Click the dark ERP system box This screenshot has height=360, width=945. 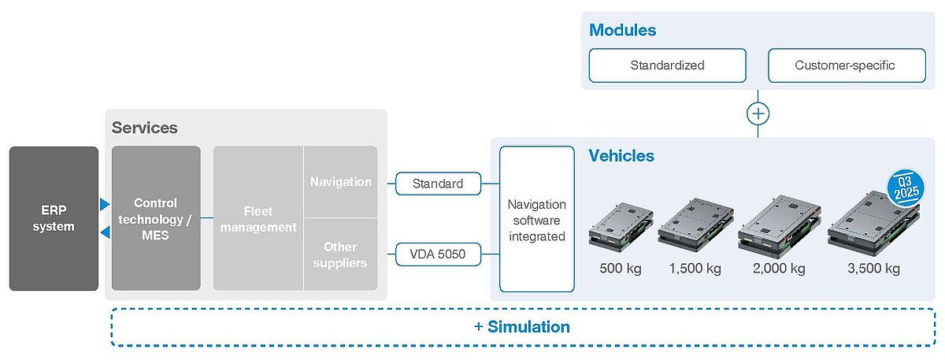[x=54, y=218]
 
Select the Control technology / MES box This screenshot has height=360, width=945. [x=156, y=218]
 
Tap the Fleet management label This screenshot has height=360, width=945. [x=258, y=219]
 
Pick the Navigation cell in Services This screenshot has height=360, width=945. [x=340, y=181]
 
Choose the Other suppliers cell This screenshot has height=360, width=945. [x=340, y=254]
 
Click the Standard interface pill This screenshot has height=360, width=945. [x=438, y=184]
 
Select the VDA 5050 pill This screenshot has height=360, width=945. [x=438, y=254]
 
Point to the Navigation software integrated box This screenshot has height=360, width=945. [x=536, y=219]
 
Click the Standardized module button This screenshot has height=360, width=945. [x=668, y=65]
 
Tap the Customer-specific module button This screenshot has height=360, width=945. [x=847, y=65]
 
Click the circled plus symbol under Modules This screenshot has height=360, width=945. [x=758, y=113]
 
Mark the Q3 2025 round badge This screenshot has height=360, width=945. [x=906, y=188]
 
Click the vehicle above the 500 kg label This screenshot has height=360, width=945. [x=621, y=227]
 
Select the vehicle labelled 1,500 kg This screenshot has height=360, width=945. [x=695, y=225]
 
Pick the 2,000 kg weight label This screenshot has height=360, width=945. [x=779, y=269]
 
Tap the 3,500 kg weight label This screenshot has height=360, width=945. [x=873, y=269]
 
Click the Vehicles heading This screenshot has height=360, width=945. [x=621, y=156]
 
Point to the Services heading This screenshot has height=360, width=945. [x=145, y=128]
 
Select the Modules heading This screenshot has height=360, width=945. [x=623, y=30]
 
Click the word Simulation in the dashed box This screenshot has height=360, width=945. [x=528, y=327]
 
